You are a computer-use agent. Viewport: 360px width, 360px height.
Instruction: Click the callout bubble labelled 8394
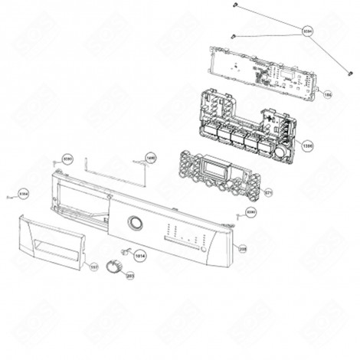click(x=309, y=31)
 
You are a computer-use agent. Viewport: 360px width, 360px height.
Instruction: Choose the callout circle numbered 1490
click(x=149, y=157)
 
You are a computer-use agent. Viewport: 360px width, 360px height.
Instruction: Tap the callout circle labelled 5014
click(x=140, y=253)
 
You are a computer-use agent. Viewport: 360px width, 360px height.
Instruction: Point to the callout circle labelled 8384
click(x=24, y=192)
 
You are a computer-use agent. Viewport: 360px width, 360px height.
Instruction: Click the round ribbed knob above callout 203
click(x=116, y=264)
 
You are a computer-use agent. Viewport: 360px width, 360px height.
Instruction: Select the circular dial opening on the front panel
click(x=135, y=223)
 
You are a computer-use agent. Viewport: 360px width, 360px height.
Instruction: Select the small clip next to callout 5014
click(x=124, y=250)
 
